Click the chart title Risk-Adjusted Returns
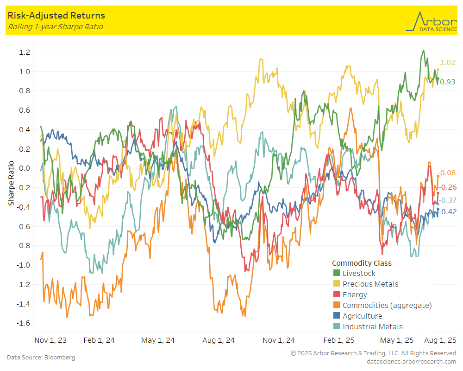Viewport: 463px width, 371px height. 56,16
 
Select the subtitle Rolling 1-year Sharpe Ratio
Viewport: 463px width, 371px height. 55,27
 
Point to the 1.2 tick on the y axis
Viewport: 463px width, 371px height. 25,52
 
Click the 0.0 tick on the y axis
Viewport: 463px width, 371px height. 25,168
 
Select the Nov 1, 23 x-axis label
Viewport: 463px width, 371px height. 50,340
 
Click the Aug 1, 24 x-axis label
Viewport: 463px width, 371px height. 219,340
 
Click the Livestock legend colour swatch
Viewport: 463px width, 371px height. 337,274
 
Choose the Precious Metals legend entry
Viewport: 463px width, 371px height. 370,284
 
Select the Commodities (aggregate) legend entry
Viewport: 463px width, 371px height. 387,306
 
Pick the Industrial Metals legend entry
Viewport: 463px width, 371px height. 372,327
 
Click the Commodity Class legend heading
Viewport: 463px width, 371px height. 362,263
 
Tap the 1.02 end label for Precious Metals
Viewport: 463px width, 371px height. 448,63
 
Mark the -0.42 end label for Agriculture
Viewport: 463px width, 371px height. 448,212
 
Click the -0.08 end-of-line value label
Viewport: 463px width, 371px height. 448,173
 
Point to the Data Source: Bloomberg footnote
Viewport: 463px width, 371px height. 41,358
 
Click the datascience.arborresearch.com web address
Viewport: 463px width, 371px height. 411,361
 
